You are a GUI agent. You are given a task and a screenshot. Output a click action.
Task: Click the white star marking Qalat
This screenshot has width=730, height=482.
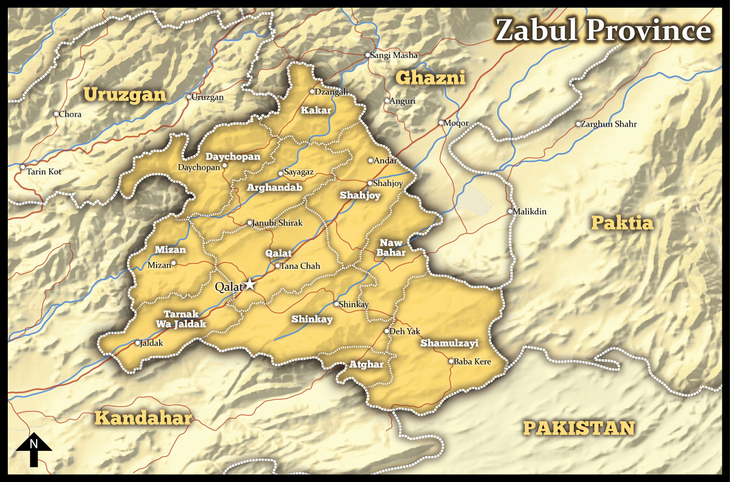250,284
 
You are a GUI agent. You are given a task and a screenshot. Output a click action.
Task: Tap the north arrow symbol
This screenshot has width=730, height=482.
34,449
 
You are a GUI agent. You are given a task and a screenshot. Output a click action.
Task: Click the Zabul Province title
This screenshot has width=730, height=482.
603,30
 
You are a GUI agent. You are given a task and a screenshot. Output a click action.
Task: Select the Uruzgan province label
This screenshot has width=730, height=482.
125,94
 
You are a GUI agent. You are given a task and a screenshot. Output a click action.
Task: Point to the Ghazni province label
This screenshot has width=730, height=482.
430,77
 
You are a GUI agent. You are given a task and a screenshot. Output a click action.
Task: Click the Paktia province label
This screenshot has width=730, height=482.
622,223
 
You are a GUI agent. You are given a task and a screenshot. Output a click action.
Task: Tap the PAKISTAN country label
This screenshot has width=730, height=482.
579,428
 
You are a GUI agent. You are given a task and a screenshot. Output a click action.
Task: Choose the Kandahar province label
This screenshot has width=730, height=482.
143,418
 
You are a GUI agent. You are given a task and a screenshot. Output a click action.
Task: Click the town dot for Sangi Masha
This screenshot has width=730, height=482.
368,55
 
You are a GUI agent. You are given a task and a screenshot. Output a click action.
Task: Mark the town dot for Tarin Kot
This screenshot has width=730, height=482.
22,167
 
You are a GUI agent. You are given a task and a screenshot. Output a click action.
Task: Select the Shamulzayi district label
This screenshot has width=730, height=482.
449,343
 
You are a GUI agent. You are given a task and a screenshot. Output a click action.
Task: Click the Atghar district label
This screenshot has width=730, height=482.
366,364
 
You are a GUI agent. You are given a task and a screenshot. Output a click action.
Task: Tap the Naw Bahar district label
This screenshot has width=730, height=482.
391,247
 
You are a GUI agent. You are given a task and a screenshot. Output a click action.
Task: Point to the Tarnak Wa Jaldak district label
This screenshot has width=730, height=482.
181,319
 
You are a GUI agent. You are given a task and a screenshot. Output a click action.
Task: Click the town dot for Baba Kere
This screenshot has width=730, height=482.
451,361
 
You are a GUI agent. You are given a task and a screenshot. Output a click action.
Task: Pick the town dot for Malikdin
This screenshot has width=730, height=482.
510,211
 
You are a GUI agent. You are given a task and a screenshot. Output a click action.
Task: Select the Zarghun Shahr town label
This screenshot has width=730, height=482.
609,124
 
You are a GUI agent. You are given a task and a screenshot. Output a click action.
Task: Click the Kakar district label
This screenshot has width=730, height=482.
316,111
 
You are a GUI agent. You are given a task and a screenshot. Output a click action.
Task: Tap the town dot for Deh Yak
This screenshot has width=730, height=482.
387,331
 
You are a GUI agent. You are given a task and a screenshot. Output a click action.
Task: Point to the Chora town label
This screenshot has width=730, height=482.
70,114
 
